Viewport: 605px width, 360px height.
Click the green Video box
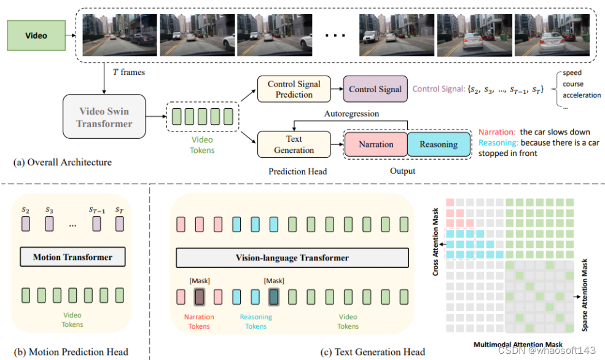point(36,36)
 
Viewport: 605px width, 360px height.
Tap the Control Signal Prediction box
point(294,89)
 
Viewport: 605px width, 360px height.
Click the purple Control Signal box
point(375,89)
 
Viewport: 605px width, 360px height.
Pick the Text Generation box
point(294,145)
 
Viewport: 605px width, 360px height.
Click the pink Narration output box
point(376,144)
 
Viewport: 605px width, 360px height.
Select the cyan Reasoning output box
point(438,144)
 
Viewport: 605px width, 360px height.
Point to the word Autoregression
point(351,114)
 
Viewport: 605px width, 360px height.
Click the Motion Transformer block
point(72,257)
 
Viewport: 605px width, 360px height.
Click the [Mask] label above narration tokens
point(200,281)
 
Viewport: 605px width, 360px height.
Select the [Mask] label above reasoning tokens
point(274,281)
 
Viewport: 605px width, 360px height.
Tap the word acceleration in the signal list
point(581,95)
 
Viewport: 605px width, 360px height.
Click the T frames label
point(128,72)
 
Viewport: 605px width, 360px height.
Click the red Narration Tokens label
point(200,321)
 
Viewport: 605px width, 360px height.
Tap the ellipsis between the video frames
point(335,36)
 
